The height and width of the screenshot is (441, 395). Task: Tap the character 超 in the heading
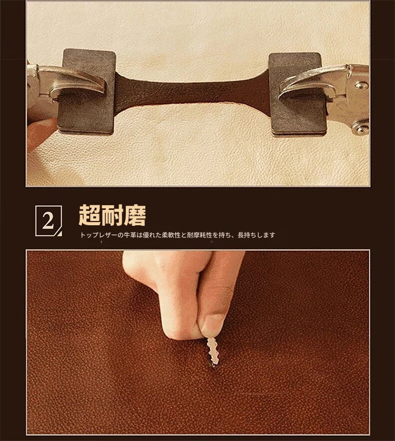tap(90, 215)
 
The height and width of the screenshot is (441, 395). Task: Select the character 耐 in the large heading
tap(112, 215)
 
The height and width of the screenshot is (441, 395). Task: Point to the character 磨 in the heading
tap(135, 215)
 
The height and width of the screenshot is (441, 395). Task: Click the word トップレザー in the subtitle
tap(98, 235)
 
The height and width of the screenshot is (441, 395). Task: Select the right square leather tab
tap(297, 94)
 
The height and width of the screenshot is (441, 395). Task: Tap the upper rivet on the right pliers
tap(361, 85)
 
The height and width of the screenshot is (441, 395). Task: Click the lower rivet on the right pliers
tap(361, 128)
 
